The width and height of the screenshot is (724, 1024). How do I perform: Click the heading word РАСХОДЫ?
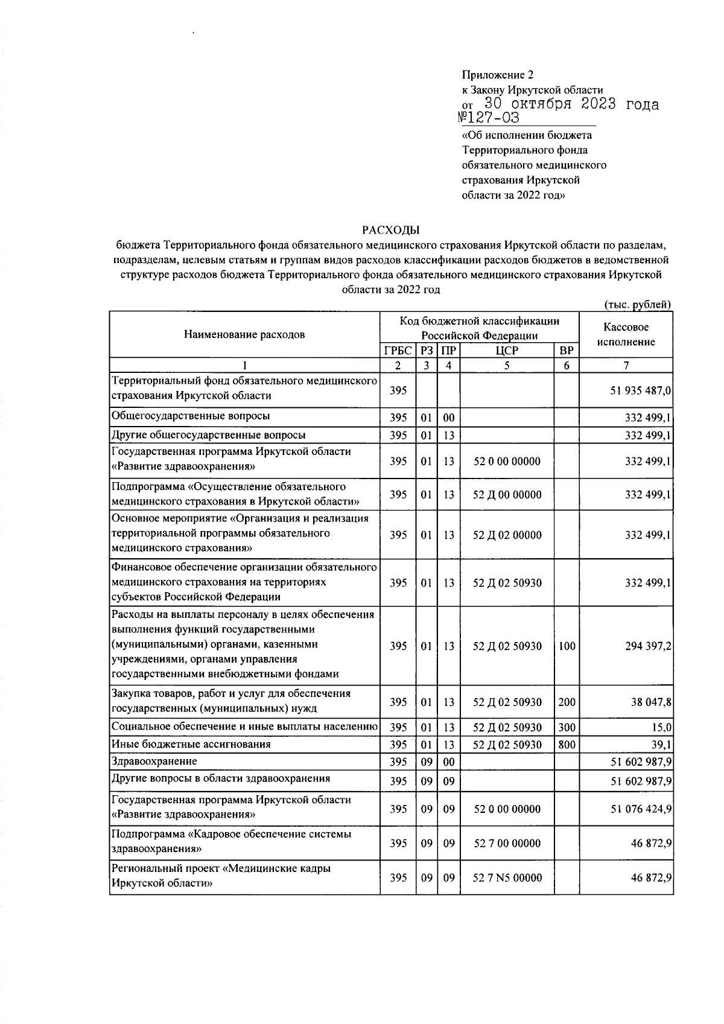pyautogui.click(x=390, y=230)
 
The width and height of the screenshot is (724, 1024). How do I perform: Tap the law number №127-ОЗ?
pyautogui.click(x=489, y=118)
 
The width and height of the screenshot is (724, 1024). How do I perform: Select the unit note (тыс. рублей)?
pyautogui.click(x=637, y=305)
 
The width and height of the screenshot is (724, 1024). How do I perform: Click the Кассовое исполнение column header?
pyautogui.click(x=626, y=334)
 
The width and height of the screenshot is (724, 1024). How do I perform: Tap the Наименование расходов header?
pyautogui.click(x=244, y=334)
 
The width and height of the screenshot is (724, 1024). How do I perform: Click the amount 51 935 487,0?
pyautogui.click(x=641, y=390)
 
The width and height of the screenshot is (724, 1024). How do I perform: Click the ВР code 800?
pyautogui.click(x=567, y=745)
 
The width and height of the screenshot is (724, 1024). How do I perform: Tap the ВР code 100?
pyautogui.click(x=567, y=646)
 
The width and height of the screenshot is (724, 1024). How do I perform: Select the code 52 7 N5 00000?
pyautogui.click(x=507, y=878)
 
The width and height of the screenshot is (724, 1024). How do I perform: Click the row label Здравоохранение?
pyautogui.click(x=154, y=762)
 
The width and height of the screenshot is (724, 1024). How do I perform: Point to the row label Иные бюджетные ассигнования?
pyautogui.click(x=191, y=745)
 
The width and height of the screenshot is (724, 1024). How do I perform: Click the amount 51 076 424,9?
pyautogui.click(x=641, y=809)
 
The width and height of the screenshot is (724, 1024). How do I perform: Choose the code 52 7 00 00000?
pyautogui.click(x=507, y=844)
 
